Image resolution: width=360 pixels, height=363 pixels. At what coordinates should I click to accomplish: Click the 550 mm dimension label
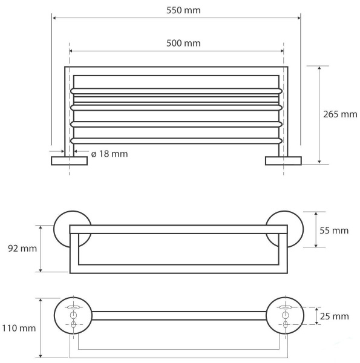(183, 11)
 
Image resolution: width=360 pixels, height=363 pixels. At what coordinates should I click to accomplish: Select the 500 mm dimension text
(183, 43)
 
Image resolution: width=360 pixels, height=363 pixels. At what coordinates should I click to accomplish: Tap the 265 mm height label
(340, 114)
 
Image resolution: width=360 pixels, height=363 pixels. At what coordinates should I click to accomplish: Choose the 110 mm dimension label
(18, 329)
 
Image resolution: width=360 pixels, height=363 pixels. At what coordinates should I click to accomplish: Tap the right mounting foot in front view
(283, 160)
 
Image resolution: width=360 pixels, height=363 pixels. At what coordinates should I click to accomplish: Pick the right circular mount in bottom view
(282, 315)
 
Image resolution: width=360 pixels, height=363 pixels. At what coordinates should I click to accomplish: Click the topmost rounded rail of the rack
(176, 91)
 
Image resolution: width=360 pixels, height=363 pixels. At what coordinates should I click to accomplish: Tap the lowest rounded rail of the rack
(176, 140)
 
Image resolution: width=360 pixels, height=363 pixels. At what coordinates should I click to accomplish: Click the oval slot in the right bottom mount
(283, 308)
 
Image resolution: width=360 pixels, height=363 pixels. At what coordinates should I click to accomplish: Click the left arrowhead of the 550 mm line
(54, 19)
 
